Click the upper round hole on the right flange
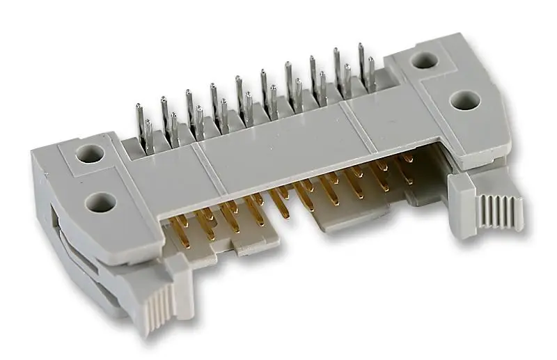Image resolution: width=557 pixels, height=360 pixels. point(424,61)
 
